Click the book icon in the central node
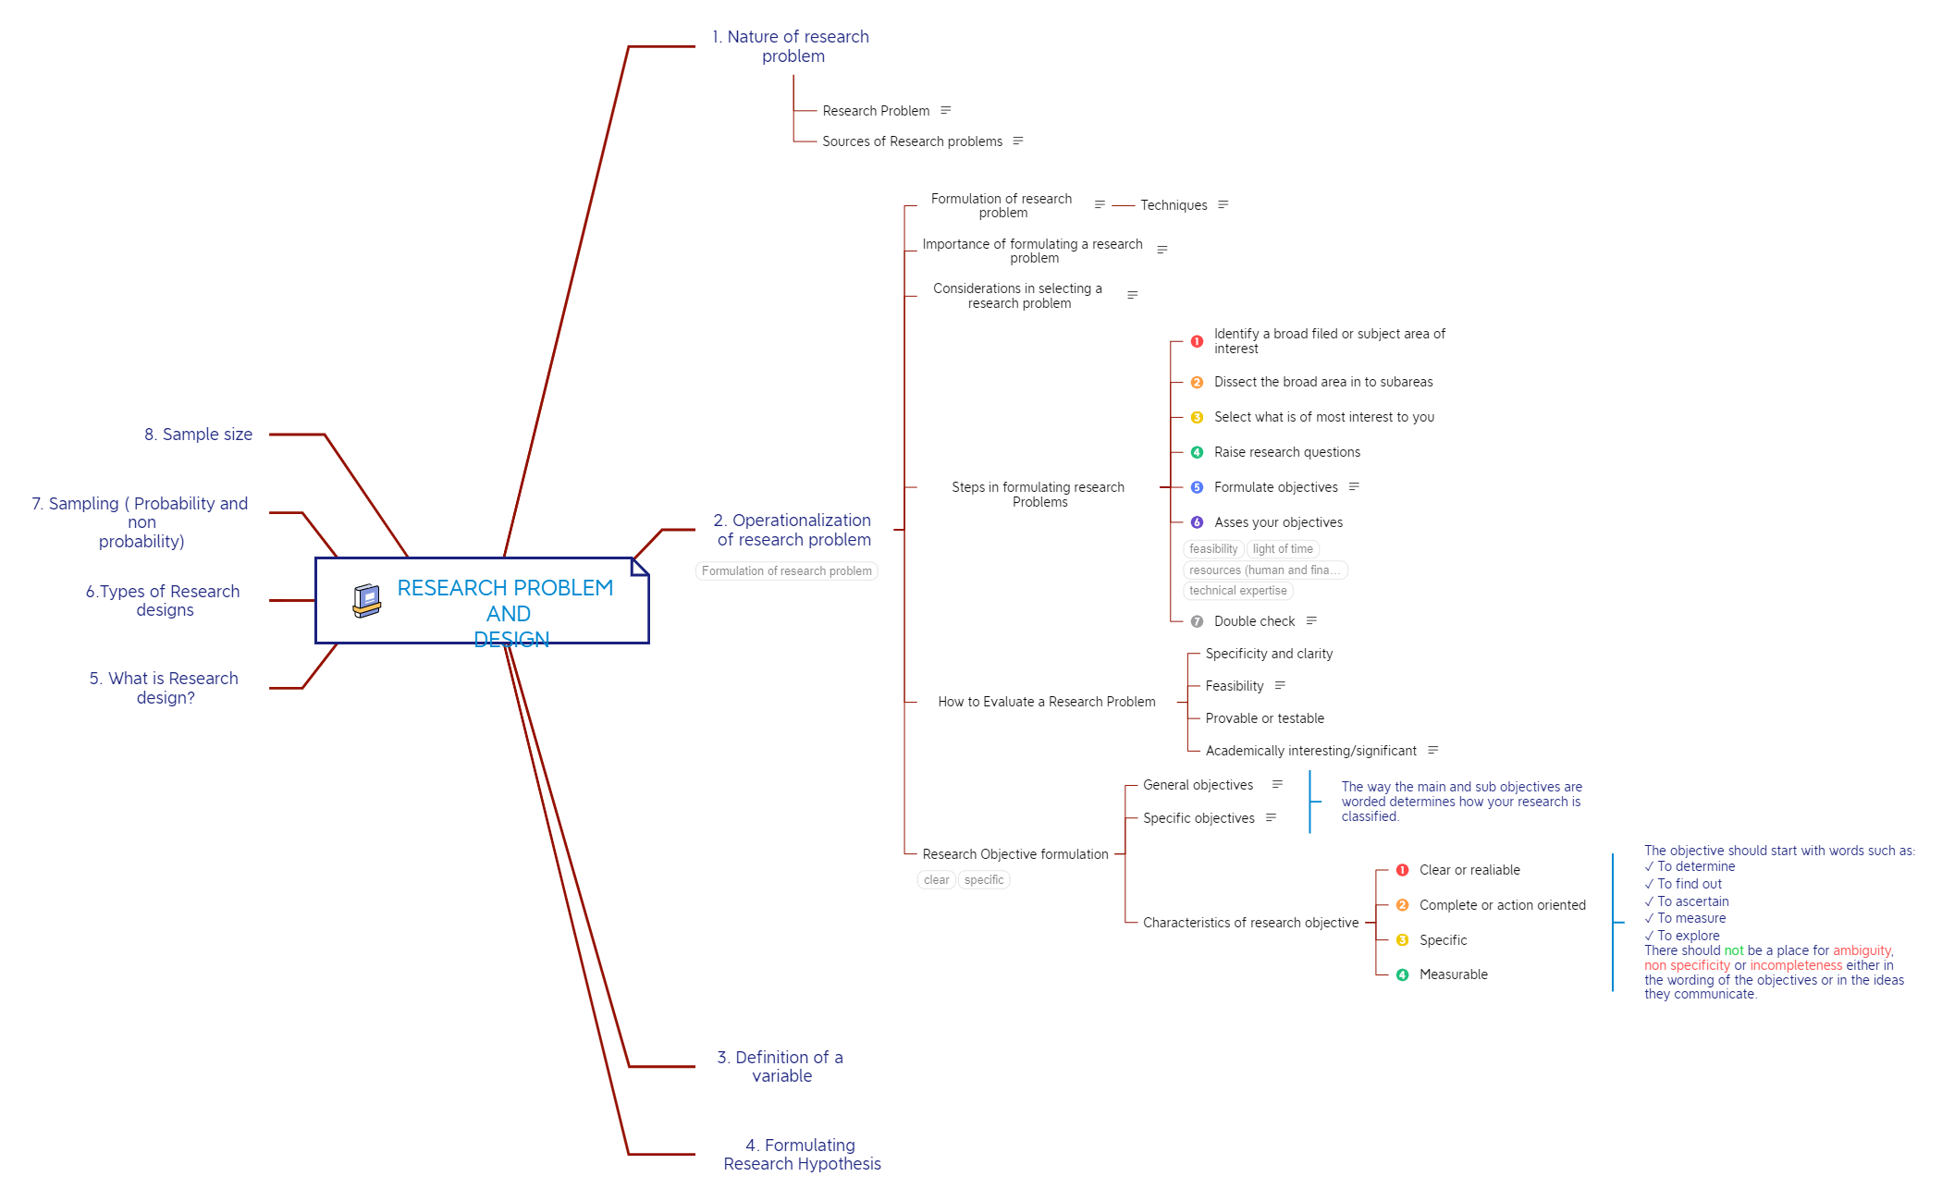click(366, 600)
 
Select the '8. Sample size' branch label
click(198, 435)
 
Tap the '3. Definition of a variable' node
click(780, 1066)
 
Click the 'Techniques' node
click(1174, 205)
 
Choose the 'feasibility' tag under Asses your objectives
click(1213, 549)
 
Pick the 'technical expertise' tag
click(1237, 591)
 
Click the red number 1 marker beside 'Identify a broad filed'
click(1197, 341)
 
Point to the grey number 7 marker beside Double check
click(1197, 621)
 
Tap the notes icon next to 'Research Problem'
click(946, 110)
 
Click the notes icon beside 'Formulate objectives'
click(1355, 486)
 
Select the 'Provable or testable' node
click(1264, 718)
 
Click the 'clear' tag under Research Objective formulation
click(936, 880)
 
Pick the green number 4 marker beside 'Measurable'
click(1402, 974)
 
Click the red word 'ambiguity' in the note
click(1862, 950)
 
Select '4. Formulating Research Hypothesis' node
click(802, 1154)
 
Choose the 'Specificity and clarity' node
click(1269, 654)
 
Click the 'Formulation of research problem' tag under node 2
click(786, 571)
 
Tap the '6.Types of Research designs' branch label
click(164, 600)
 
